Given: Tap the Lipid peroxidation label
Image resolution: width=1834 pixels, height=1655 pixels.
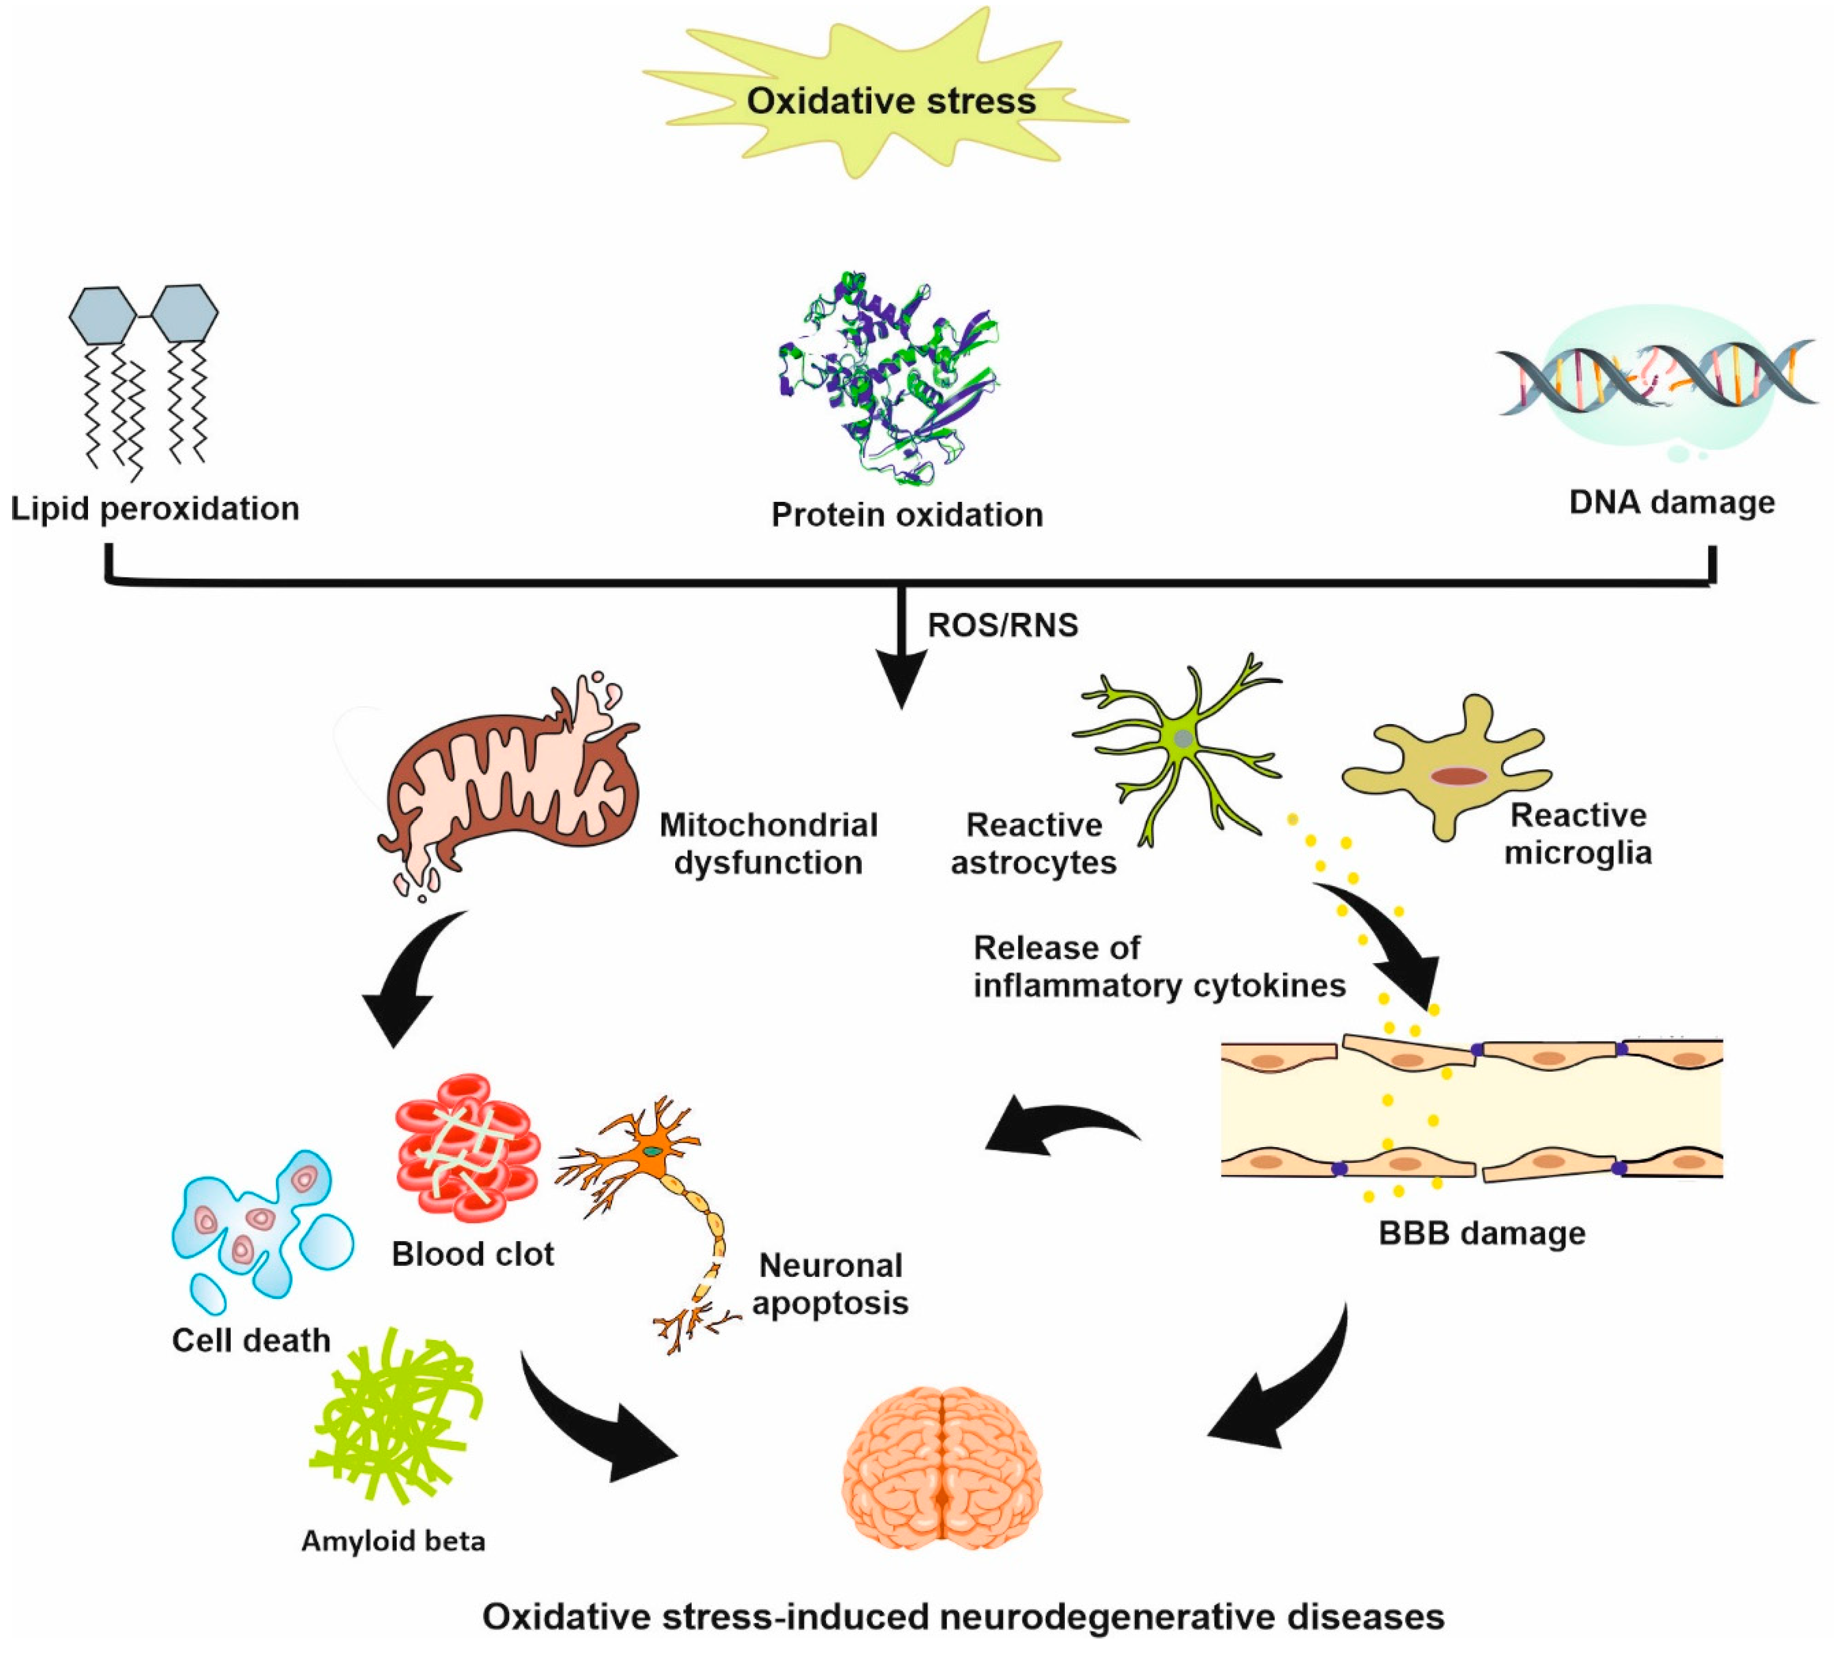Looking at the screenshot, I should tap(154, 508).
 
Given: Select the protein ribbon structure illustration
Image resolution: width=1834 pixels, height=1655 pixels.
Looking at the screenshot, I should tap(886, 377).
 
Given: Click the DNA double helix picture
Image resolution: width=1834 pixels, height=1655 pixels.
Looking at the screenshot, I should tap(1655, 377).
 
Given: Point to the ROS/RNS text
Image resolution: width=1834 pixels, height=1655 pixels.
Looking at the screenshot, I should tap(1002, 626).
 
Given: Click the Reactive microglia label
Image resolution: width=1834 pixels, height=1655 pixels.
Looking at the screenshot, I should tap(1578, 834).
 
